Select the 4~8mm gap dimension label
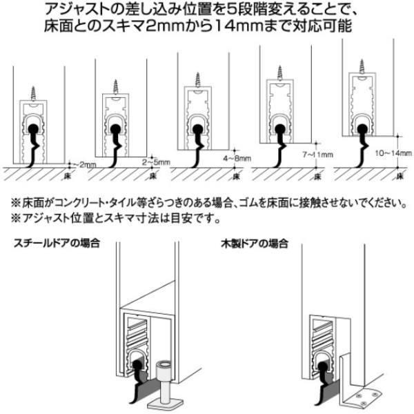point(237,159)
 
